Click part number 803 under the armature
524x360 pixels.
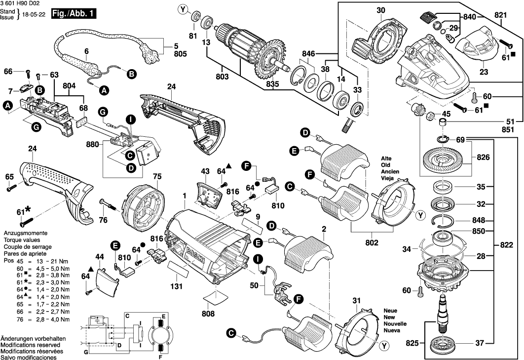223,77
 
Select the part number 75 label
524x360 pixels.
157,176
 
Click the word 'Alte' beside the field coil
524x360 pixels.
386,159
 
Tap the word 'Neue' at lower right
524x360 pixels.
390,311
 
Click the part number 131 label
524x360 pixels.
177,286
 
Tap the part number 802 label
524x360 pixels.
372,242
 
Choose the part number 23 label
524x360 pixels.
484,72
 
